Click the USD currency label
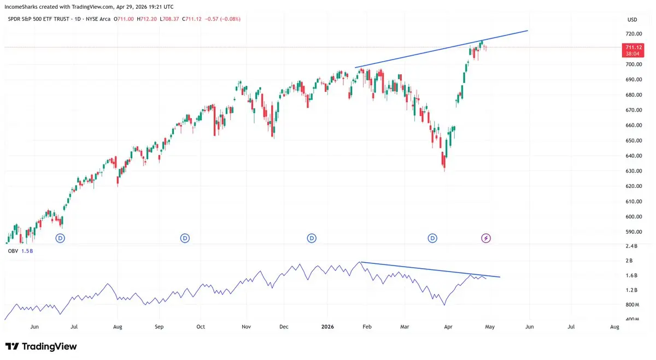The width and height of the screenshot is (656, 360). [x=631, y=20]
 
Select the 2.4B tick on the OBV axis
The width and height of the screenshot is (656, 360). [x=631, y=246]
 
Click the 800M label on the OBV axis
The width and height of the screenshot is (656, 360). [x=632, y=304]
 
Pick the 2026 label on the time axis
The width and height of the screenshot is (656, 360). [x=327, y=327]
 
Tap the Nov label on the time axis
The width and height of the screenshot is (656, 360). [x=246, y=327]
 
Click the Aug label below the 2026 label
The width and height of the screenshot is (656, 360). [x=614, y=327]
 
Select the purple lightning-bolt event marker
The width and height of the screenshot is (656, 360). [x=485, y=238]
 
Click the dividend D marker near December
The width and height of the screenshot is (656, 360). [x=312, y=238]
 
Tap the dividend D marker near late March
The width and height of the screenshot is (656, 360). [x=432, y=238]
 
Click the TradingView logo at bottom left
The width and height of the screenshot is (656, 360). [x=41, y=346]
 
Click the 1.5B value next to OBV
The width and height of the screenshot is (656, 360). [x=27, y=250]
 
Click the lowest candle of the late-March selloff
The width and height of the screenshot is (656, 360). [x=444, y=163]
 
